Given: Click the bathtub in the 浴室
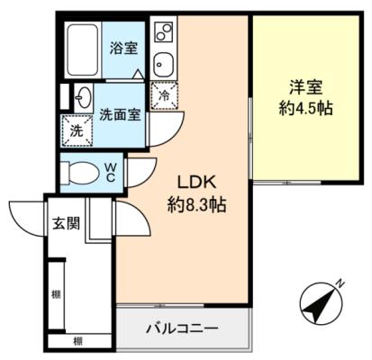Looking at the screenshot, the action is click(83, 50).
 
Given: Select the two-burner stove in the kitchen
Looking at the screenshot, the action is click(164, 31).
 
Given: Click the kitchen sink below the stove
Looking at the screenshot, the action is click(164, 65).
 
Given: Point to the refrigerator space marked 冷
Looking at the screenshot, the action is click(164, 95).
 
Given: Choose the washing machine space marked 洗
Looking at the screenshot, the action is click(77, 130).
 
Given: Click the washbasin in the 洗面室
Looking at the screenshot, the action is click(83, 98).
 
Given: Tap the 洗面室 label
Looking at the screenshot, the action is click(120, 114).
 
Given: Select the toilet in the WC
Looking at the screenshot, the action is click(79, 173).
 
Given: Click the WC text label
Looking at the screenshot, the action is click(111, 173).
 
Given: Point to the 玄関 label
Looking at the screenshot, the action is click(67, 223).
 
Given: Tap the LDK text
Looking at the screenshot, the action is click(197, 183).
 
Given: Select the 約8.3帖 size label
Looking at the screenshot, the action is click(196, 205).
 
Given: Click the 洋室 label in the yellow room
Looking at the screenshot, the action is click(306, 87).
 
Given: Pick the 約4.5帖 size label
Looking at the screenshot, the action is click(306, 109).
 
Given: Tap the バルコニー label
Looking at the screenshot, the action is click(182, 329).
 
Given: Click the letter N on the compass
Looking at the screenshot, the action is click(340, 283).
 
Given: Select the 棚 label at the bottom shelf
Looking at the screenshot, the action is click(78, 341).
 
